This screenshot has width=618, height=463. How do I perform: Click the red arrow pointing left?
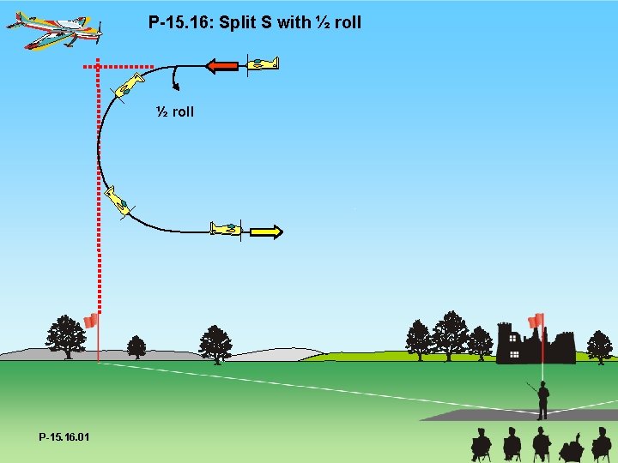pos(222,65)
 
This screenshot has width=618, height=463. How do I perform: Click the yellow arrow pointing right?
pos(267,231)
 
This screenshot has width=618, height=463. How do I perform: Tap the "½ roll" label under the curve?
pos(175,111)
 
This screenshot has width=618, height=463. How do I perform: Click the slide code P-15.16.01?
pos(64,437)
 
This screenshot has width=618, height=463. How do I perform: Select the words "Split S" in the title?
pos(245,22)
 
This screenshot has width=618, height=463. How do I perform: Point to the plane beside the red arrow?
pos(263,63)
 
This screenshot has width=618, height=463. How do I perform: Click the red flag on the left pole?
pos(90,321)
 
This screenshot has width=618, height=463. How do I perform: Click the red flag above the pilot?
pos(536,322)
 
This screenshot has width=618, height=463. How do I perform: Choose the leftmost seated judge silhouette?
pos(482,445)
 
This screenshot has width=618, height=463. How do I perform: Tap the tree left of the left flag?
pos(65,335)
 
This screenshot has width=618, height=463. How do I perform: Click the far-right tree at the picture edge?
pos(600,346)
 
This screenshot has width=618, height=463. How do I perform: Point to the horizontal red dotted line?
pos(120,66)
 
